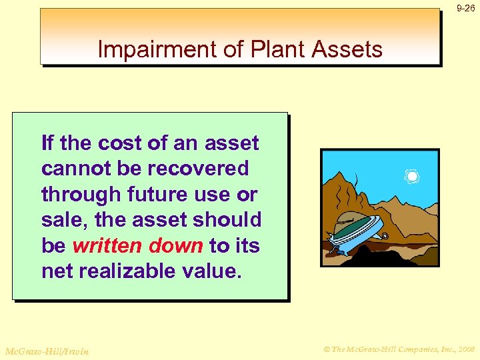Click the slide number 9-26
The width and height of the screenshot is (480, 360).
(x=465, y=9)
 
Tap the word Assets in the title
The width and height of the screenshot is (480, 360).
(x=348, y=49)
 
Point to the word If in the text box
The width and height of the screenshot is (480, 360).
(x=47, y=143)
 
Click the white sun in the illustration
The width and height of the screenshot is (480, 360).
(x=412, y=177)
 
